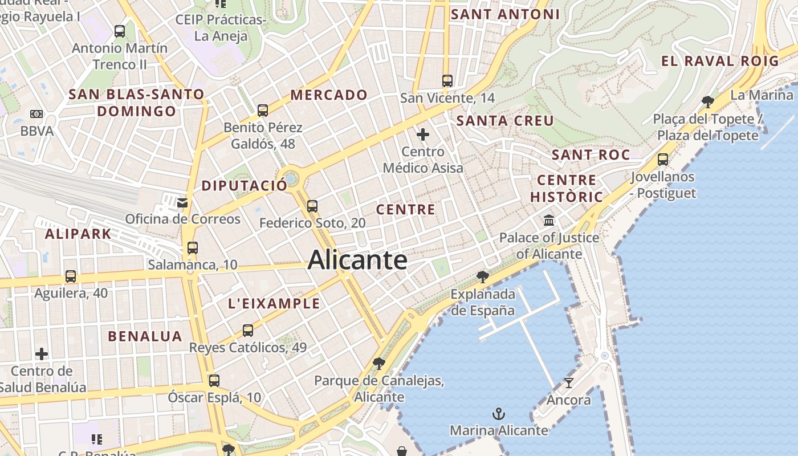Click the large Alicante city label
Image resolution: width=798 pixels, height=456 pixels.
(357, 260)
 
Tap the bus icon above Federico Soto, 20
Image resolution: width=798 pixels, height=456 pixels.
(312, 206)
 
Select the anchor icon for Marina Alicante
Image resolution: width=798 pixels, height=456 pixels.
(499, 413)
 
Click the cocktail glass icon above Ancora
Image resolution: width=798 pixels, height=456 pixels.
(568, 382)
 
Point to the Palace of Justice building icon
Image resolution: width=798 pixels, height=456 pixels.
(549, 220)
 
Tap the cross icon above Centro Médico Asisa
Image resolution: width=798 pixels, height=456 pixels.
(423, 135)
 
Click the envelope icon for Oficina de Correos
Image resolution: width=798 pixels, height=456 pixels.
(182, 202)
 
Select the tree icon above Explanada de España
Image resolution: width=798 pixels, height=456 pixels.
(483, 277)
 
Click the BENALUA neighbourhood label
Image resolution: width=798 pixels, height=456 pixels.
(145, 336)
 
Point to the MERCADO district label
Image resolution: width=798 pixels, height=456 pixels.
(329, 95)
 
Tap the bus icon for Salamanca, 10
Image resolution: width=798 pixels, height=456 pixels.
(193, 248)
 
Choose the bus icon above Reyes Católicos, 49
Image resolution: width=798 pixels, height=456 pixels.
(248, 331)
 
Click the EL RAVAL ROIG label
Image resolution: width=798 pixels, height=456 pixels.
(720, 61)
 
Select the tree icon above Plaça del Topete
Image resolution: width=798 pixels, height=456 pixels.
(708, 102)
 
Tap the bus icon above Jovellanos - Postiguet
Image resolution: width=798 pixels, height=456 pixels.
(663, 160)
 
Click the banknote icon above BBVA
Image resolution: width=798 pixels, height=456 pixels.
(36, 114)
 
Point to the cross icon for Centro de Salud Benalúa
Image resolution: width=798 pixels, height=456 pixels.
(42, 354)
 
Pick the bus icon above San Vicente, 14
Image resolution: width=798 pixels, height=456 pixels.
(447, 81)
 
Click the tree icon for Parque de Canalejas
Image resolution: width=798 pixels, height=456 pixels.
(378, 363)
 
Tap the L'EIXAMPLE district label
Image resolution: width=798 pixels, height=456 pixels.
(274, 304)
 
